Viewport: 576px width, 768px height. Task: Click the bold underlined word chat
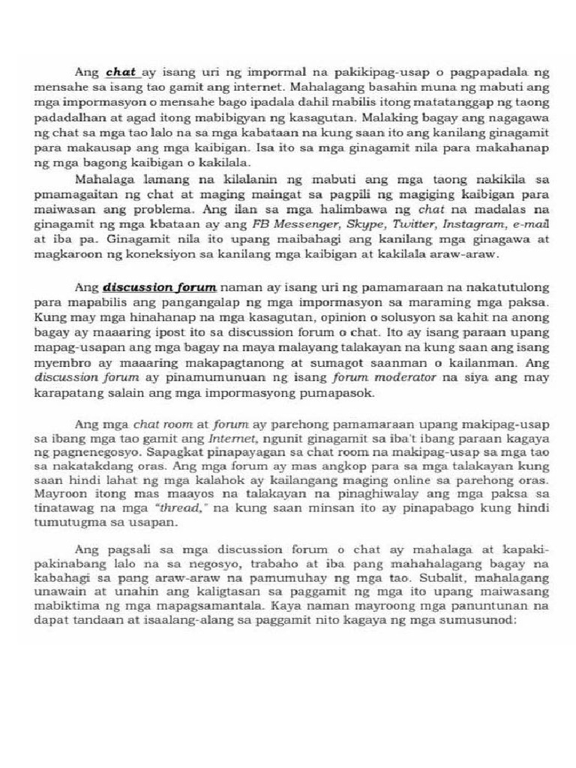121,73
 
